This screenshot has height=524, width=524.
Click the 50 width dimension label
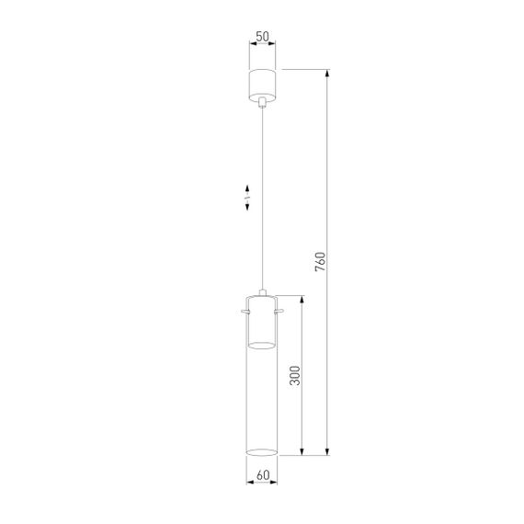point(262,36)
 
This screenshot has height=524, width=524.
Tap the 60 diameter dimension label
point(262,476)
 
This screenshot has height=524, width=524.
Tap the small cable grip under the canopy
point(262,102)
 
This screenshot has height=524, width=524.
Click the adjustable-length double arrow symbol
point(247,200)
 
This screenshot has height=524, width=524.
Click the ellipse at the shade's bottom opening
point(262,452)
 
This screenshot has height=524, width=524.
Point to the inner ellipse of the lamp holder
point(262,345)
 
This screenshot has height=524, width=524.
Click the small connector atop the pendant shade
point(262,292)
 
